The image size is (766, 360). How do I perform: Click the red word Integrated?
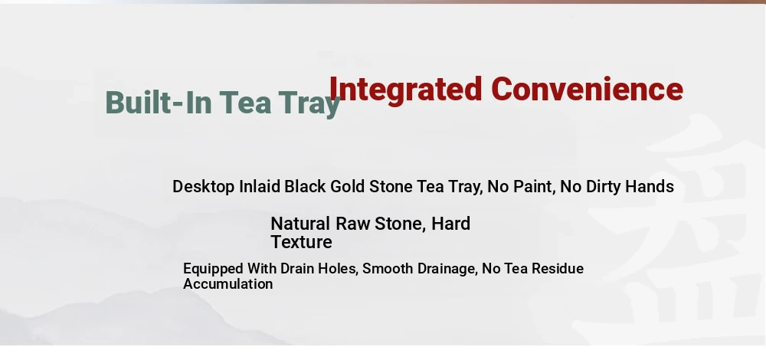click(406, 90)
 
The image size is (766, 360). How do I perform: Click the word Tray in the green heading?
click(309, 104)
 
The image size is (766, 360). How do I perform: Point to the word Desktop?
click(203, 187)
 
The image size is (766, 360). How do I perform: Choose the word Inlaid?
click(260, 186)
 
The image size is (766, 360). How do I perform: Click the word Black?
click(306, 186)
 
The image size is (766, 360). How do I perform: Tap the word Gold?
click(347, 186)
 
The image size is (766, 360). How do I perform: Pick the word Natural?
click(300, 224)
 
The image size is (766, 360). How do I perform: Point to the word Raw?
click(352, 224)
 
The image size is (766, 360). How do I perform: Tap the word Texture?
click(301, 242)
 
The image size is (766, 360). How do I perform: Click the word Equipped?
click(213, 269)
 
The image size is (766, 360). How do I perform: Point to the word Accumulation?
click(228, 284)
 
